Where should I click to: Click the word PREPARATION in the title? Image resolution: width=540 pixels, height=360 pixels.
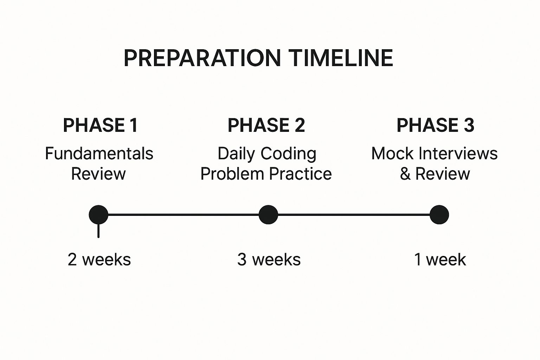[202, 58]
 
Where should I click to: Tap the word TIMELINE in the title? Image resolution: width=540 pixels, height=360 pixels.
[341, 58]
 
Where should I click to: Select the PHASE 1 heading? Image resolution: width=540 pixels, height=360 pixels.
[100, 125]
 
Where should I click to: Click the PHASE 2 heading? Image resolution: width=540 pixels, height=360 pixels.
[266, 125]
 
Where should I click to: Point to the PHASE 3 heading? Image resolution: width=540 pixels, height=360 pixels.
[435, 125]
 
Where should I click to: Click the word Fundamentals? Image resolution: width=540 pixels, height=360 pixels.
[99, 153]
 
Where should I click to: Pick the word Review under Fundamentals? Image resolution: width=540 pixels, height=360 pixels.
[98, 174]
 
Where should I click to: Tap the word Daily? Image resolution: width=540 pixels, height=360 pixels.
[236, 154]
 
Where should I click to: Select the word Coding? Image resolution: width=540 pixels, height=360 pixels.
[288, 154]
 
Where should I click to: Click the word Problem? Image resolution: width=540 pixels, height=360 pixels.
[232, 174]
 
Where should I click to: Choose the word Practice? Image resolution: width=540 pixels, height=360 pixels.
[300, 174]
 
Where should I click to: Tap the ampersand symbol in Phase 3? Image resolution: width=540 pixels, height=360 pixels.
[405, 174]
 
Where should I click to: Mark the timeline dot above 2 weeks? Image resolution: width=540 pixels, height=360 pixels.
[98, 214]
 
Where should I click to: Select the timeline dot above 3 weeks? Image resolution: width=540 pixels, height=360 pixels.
[268, 214]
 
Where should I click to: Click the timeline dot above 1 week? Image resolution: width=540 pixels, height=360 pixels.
[439, 214]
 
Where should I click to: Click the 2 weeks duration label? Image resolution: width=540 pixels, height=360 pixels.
[99, 259]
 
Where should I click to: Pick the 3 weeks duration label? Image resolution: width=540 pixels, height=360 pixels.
[269, 259]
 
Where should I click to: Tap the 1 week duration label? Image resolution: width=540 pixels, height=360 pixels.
[440, 259]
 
